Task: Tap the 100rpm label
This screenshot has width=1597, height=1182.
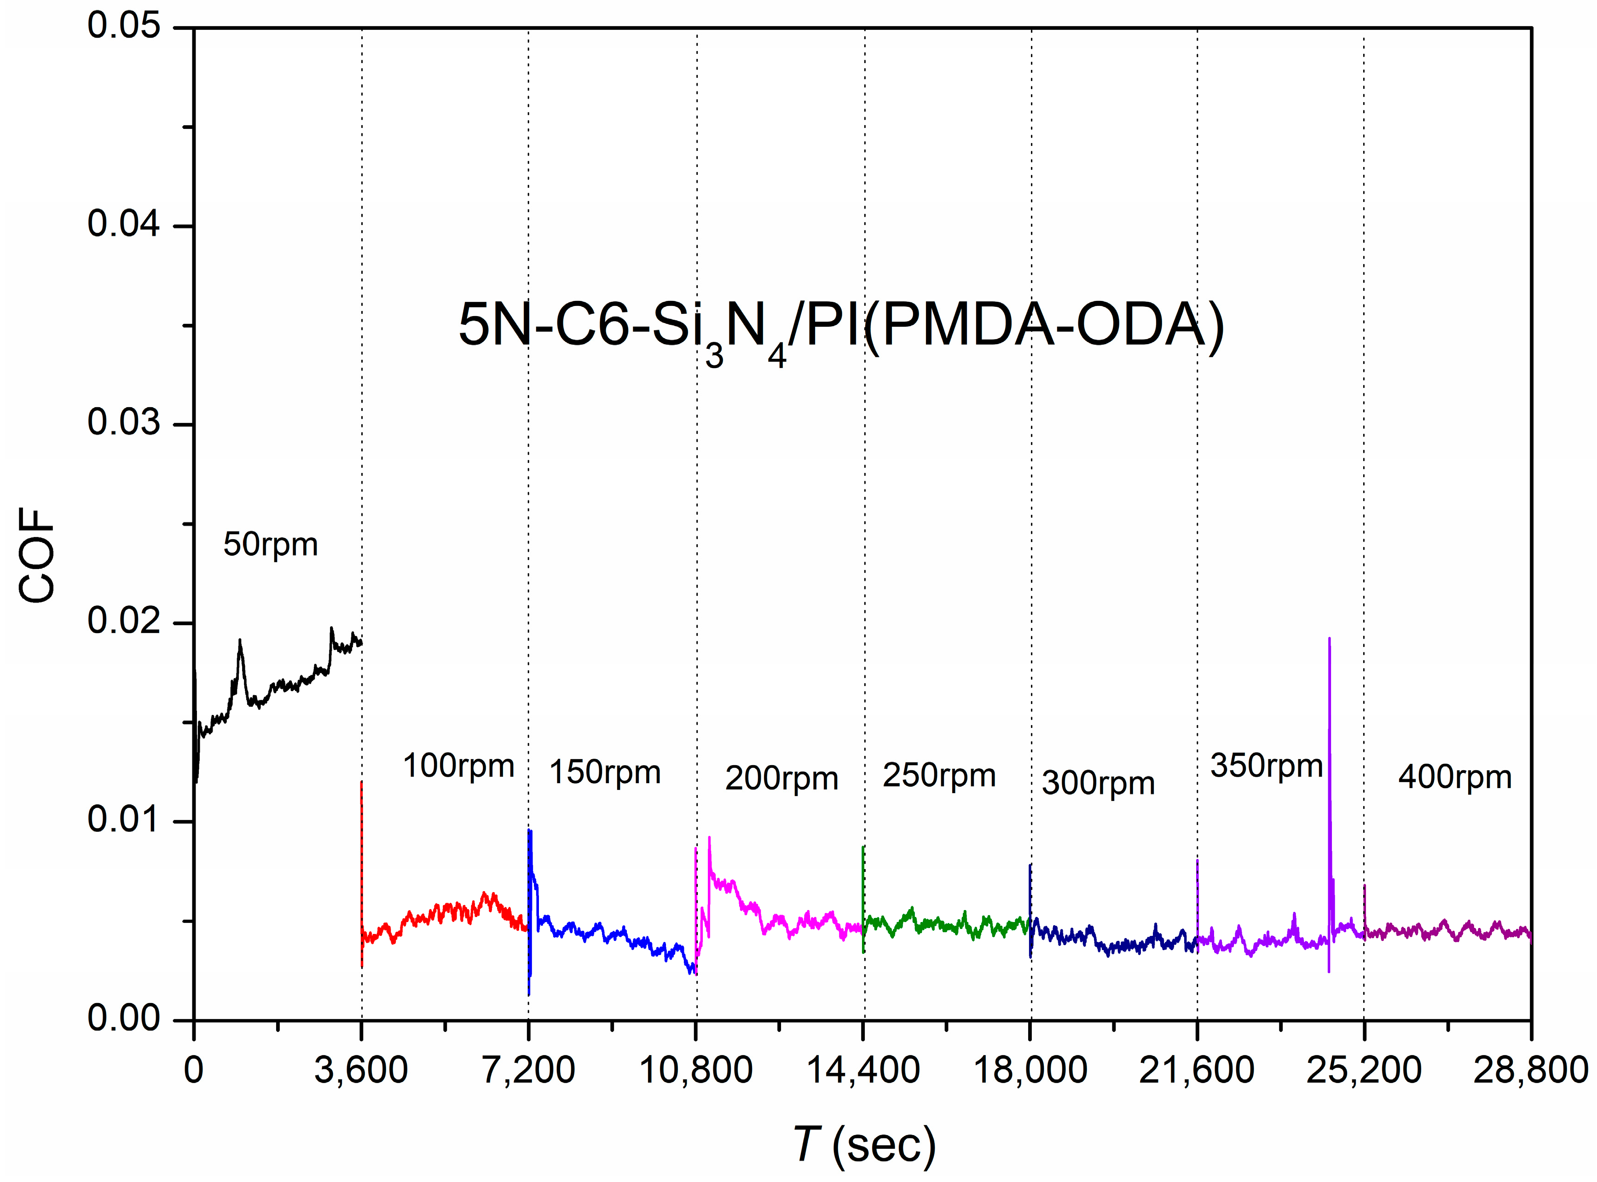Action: [x=459, y=766]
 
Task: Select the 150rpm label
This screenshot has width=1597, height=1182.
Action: [x=605, y=773]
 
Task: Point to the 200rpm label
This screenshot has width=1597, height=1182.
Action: [x=781, y=779]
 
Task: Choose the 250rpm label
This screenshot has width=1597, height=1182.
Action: [x=939, y=776]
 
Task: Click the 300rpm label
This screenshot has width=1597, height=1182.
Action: [x=1098, y=784]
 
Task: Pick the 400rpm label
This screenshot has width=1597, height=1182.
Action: [x=1455, y=778]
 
